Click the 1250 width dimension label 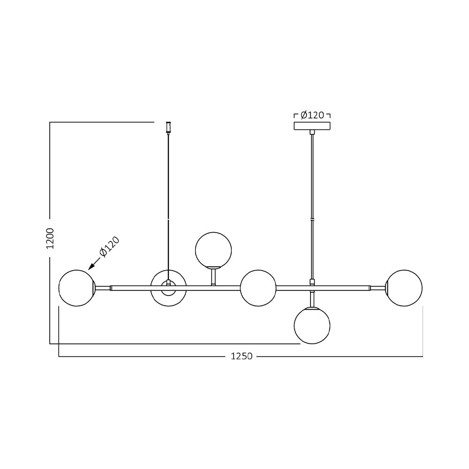coord(242,356)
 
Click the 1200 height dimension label coord(51,238)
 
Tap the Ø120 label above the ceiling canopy coord(312,115)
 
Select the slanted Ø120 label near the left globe coord(109,247)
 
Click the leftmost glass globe coord(77,288)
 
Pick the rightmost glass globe coord(404,288)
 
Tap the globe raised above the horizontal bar coord(213,250)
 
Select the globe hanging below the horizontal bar coord(312,326)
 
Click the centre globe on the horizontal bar coord(258,288)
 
